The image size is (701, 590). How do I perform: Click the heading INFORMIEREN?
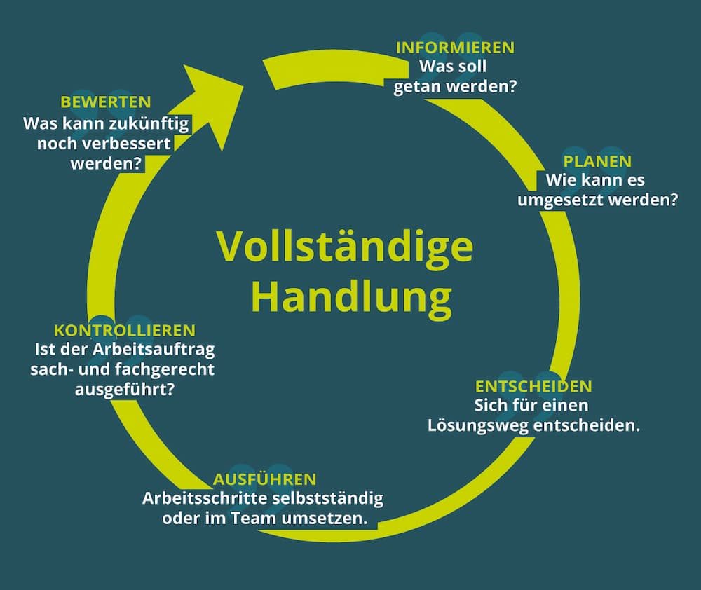(455, 48)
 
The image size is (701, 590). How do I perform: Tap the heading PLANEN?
(597, 162)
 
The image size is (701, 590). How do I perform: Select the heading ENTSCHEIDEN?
(533, 387)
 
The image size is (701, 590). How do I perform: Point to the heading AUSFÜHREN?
(265, 480)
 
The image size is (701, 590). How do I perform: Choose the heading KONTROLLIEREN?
(125, 330)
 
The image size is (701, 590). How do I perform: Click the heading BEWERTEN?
(106, 102)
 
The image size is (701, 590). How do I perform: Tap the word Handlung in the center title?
(351, 297)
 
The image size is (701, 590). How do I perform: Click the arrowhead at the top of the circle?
(210, 98)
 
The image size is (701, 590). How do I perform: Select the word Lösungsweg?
(476, 425)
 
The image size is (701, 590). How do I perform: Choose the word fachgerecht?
(168, 369)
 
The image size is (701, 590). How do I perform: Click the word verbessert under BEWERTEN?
(129, 144)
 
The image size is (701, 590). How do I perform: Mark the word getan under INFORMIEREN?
(418, 88)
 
